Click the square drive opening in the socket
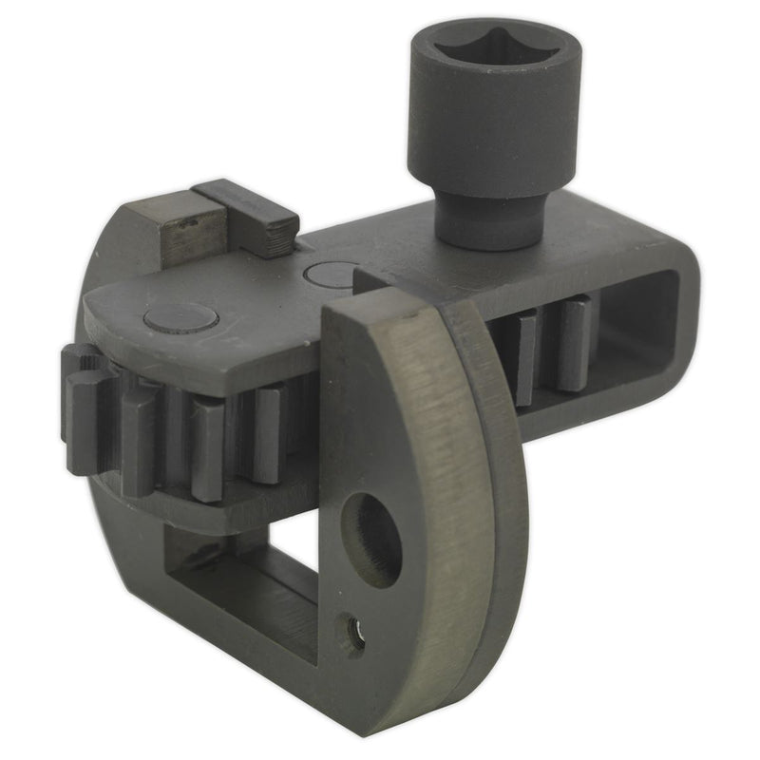[486, 46]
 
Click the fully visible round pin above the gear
[180, 318]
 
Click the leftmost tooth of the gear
[82, 408]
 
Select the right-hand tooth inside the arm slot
[574, 342]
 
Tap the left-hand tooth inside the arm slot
[525, 357]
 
